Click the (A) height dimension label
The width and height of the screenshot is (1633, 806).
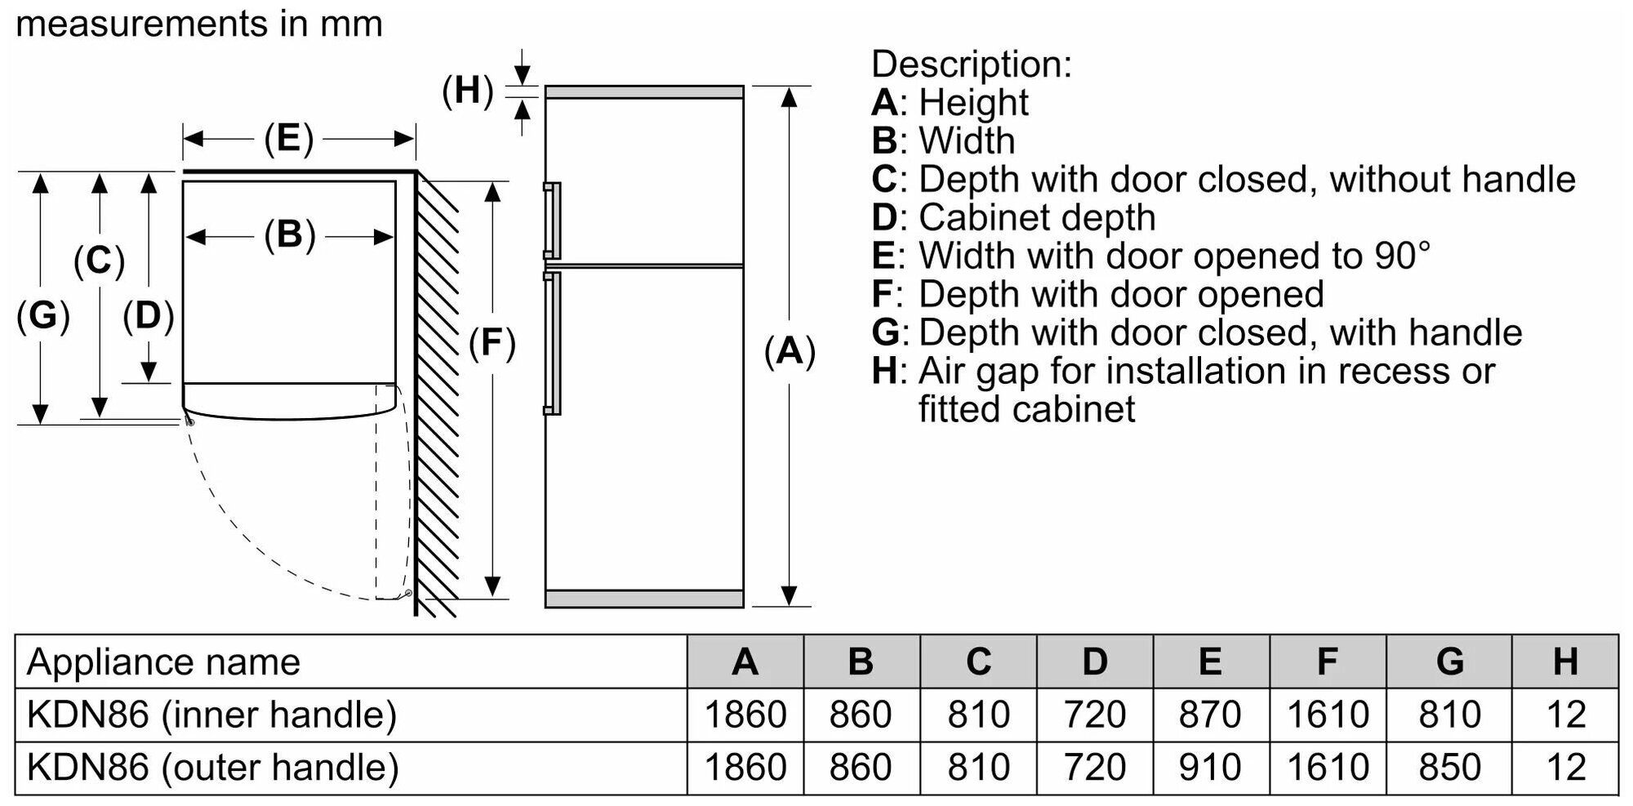(790, 351)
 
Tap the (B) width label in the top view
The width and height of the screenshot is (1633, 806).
(289, 235)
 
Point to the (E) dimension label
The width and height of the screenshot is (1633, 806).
(288, 139)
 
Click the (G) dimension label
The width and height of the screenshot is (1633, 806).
(42, 316)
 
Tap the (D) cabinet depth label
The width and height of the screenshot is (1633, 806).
(148, 316)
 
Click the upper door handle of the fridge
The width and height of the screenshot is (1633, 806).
(554, 220)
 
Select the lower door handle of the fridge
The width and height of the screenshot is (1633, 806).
(554, 343)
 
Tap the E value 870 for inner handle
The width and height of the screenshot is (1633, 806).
(1210, 715)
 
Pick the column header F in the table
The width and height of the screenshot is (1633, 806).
(1328, 661)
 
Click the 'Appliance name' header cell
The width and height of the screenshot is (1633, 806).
(163, 661)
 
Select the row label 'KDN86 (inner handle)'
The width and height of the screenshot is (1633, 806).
(211, 715)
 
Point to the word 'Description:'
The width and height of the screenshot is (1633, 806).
(971, 64)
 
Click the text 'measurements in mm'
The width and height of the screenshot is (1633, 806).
(199, 24)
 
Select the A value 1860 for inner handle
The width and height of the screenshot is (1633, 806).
(745, 715)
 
